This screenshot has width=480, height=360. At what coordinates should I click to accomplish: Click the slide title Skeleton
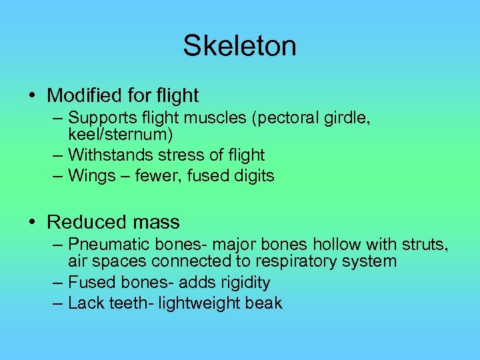pos(239,46)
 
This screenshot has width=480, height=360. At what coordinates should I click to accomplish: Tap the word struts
pos(427,245)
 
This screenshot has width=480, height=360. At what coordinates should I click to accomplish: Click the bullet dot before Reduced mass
pos(33,223)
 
